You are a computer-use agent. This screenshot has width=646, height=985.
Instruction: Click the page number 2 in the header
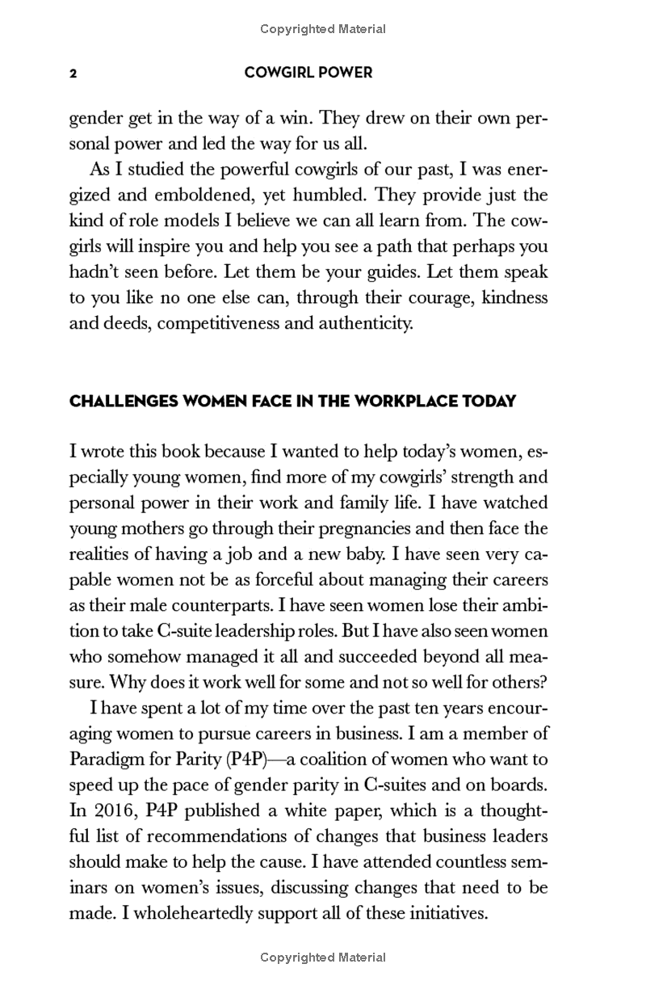coord(73,74)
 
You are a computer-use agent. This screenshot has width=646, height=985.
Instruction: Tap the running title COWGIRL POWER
coord(308,73)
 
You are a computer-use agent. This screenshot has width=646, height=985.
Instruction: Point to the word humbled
coord(324,196)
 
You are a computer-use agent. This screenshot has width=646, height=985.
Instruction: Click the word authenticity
coord(363,324)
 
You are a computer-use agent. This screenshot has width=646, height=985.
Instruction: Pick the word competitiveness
coord(224,324)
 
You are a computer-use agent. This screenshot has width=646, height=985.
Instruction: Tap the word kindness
coord(514,297)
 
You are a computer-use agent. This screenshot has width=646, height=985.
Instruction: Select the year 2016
coord(122,810)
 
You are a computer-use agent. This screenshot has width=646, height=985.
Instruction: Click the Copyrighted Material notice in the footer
coord(323,958)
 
